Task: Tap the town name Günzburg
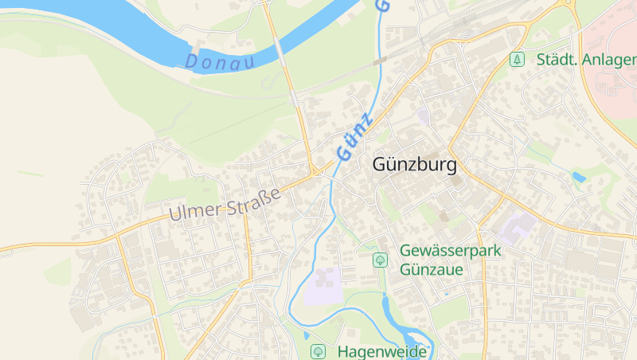coord(414,166)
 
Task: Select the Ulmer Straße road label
coord(225,204)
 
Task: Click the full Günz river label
coord(354,136)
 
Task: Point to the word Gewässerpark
coord(450,250)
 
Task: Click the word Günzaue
coord(431,269)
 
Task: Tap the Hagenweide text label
coord(382,350)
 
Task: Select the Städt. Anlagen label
coord(586,60)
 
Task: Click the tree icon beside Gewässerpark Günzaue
coord(381,260)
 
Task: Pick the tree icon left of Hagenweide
coord(318,350)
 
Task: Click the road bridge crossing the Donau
coord(280,51)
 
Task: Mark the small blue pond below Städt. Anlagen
coord(578,177)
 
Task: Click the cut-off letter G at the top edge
coord(382,5)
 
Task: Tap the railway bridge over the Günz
coord(380,61)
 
